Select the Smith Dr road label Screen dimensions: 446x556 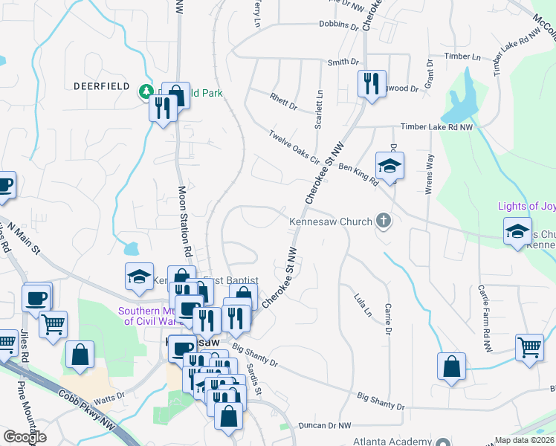(343, 62)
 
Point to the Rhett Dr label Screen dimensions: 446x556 (283, 101)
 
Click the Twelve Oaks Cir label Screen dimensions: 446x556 (294, 147)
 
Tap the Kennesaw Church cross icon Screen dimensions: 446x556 (383, 219)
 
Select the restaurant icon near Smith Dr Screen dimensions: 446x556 (370, 83)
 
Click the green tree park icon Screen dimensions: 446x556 (146, 91)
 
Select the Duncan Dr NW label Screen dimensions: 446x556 (323, 426)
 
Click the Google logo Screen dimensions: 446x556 (25, 437)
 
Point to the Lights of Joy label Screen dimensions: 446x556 (526, 206)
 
